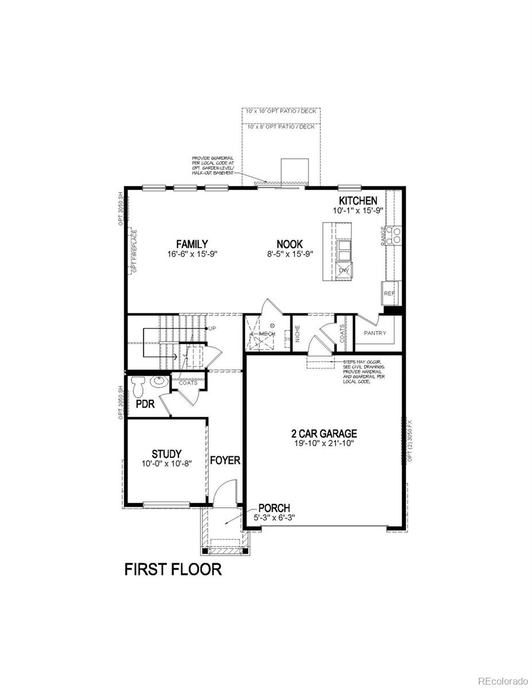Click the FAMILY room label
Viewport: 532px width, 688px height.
tap(192, 244)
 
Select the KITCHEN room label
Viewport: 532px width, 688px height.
tap(358, 201)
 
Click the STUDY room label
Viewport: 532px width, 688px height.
tap(166, 454)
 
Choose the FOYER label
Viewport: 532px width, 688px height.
tap(225, 460)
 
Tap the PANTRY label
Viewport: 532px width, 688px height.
tap(375, 333)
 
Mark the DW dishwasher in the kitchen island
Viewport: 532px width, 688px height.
tap(344, 270)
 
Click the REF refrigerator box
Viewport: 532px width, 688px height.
tap(389, 292)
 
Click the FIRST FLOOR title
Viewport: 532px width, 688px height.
tap(173, 569)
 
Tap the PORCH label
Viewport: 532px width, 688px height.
tap(274, 508)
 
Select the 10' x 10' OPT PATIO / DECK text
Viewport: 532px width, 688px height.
tap(281, 111)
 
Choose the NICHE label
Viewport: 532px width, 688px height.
tap(297, 334)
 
